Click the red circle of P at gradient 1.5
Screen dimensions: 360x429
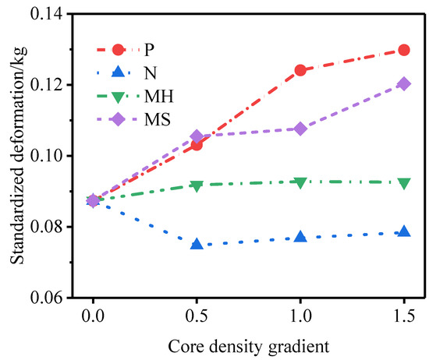(404, 50)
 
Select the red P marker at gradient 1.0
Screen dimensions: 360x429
(300, 70)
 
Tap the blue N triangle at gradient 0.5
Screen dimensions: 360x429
(197, 244)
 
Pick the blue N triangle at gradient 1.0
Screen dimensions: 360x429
(300, 236)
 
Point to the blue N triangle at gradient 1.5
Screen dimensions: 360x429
(404, 232)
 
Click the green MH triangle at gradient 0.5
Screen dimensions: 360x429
(197, 185)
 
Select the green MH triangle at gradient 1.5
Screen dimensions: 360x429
(404, 183)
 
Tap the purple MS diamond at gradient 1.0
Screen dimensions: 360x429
(300, 129)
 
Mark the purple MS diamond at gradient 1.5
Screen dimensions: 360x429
(404, 83)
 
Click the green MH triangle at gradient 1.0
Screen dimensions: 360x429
(300, 182)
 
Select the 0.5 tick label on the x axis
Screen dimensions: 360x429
(197, 318)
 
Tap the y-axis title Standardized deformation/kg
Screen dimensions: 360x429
(16, 156)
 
